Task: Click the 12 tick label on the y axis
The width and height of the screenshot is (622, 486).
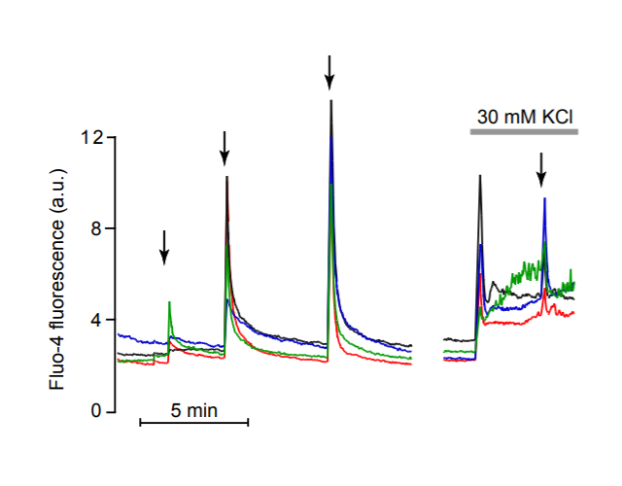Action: pos(93,137)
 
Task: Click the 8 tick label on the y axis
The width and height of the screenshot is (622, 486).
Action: pos(97,228)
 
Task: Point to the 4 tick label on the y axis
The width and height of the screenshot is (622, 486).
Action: pos(97,320)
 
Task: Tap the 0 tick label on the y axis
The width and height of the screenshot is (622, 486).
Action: pos(97,411)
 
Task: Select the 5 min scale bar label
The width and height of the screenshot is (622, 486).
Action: pos(194,410)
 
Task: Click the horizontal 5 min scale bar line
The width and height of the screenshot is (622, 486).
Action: pos(194,423)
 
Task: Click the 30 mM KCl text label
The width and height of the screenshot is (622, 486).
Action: pos(524,116)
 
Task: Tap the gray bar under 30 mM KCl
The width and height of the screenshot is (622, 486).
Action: pos(525,131)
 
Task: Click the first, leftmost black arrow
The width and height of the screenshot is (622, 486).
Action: pos(164,247)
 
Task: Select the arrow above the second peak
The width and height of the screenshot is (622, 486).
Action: pos(225,147)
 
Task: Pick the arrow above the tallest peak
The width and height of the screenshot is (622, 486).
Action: pos(330,71)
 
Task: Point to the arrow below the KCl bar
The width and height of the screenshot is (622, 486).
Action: pos(541,169)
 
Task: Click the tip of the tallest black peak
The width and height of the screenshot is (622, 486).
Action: pos(331,101)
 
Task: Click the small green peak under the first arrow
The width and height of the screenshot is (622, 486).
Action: pos(170,302)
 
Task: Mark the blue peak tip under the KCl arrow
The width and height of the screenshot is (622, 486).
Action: pos(544,199)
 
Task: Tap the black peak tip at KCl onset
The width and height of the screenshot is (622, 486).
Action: pos(479,177)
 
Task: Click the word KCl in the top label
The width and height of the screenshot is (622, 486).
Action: pos(556,116)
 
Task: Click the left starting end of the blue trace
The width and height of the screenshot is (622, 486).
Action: pos(119,334)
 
